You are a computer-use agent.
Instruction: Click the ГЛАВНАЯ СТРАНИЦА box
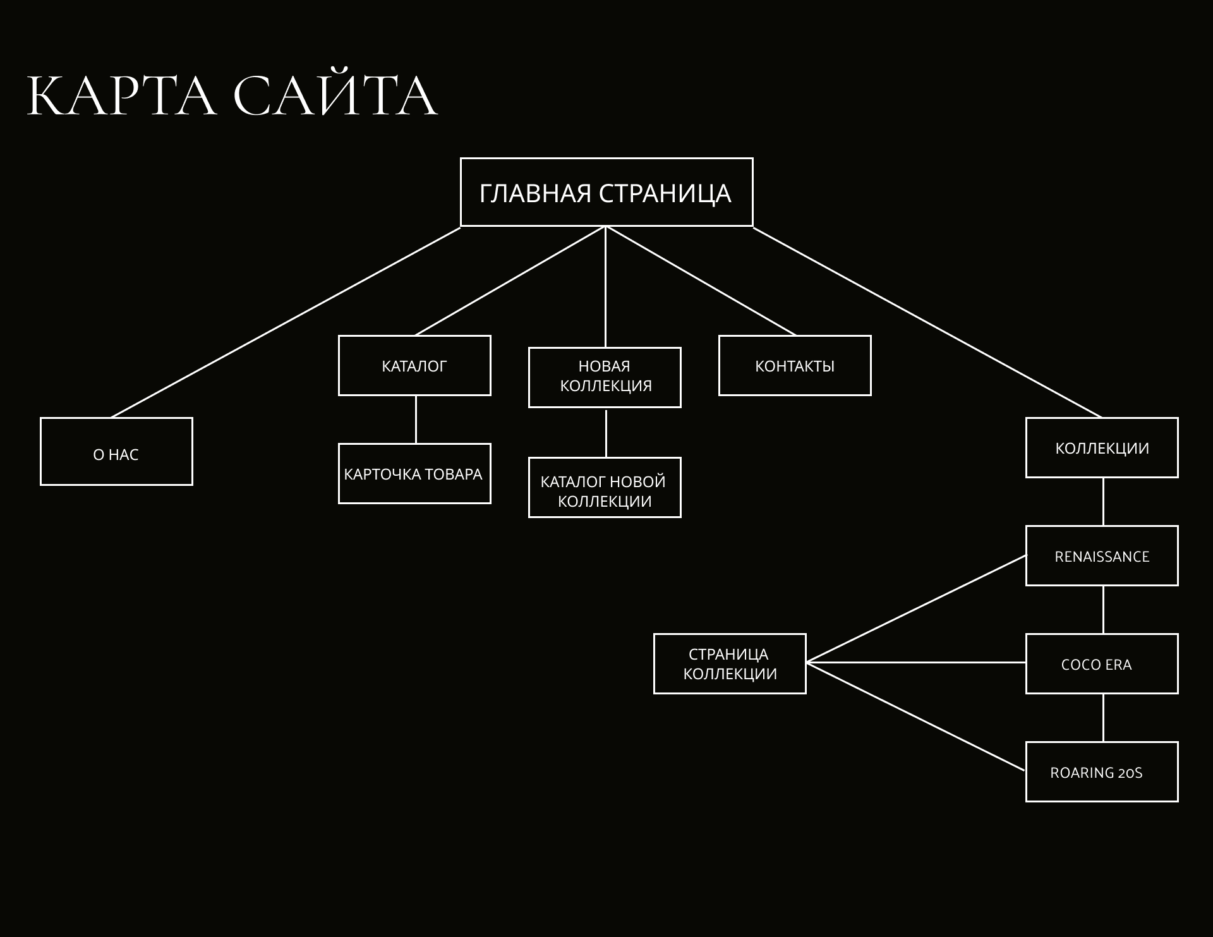(x=606, y=192)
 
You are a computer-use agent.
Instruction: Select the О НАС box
(x=116, y=451)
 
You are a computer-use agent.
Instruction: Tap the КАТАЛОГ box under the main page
(x=414, y=366)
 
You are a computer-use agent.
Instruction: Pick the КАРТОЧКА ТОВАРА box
(x=414, y=474)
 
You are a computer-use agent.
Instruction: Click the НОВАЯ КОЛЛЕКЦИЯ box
(x=605, y=377)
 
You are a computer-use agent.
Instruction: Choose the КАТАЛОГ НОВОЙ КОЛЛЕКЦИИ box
(x=605, y=488)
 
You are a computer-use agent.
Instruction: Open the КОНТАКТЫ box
(x=795, y=366)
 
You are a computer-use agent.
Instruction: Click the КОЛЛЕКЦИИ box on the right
(x=1102, y=447)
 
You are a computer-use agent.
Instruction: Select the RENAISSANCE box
(x=1102, y=555)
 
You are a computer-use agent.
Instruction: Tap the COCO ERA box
(x=1102, y=663)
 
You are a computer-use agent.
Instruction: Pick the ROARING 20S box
(x=1102, y=771)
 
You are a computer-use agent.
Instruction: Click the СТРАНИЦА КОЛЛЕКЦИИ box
(x=730, y=663)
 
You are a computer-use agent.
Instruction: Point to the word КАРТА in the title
(x=121, y=96)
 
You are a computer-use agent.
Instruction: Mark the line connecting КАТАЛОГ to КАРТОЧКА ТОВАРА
(x=416, y=420)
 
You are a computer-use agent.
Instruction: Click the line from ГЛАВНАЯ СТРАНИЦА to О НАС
(x=286, y=322)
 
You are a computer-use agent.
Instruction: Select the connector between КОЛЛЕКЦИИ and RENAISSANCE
(x=1103, y=502)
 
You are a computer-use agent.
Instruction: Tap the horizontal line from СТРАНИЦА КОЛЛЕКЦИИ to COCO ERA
(x=916, y=662)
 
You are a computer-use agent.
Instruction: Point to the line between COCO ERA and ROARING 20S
(x=1103, y=718)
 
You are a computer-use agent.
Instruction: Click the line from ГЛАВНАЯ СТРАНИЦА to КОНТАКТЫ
(x=701, y=281)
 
